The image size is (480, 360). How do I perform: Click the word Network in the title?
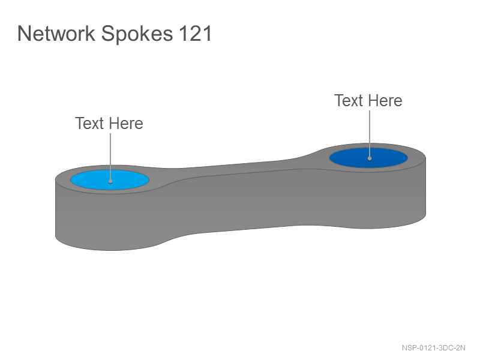click(x=56, y=33)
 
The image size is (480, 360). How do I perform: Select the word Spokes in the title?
click(x=137, y=34)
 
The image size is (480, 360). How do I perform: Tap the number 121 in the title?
click(x=196, y=33)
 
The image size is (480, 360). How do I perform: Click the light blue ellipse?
click(x=110, y=180)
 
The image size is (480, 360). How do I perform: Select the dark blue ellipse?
click(x=368, y=158)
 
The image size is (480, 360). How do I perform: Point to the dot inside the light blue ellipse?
click(x=110, y=182)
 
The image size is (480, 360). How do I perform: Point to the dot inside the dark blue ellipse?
click(x=370, y=158)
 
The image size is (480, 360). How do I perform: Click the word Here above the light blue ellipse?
click(x=126, y=124)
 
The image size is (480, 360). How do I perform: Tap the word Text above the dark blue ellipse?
click(x=349, y=100)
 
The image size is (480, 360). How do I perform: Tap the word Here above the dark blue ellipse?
click(x=385, y=100)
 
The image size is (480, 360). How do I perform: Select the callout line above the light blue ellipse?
click(x=110, y=157)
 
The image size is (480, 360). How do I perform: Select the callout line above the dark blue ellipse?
click(x=370, y=134)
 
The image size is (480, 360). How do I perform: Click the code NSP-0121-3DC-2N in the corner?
click(x=433, y=348)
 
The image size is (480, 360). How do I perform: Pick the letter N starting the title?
click(x=24, y=33)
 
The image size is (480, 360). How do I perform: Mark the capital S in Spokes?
click(x=108, y=33)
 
